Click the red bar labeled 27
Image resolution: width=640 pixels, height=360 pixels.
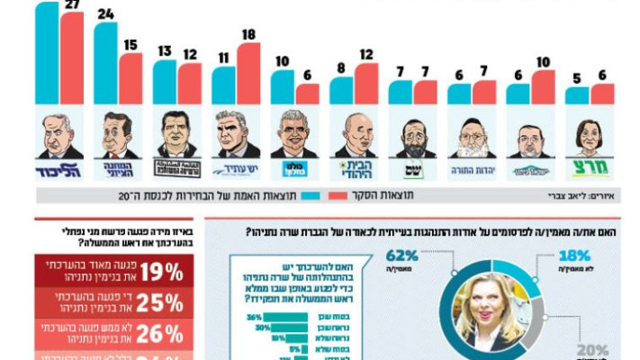pyautogui.click(x=72, y=58)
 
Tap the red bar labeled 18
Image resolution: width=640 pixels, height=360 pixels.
pyautogui.click(x=248, y=74)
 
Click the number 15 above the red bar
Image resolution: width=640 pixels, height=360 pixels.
pyautogui.click(x=131, y=45)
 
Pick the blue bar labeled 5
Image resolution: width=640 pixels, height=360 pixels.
pyautogui.click(x=577, y=95)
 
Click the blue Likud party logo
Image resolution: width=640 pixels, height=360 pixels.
pyautogui.click(x=60, y=170)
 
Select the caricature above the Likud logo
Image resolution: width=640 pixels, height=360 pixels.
pyautogui.click(x=60, y=135)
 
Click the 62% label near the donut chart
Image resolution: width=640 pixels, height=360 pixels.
pyautogui.click(x=401, y=256)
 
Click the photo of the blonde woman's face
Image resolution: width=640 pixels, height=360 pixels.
pyautogui.click(x=489, y=310)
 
